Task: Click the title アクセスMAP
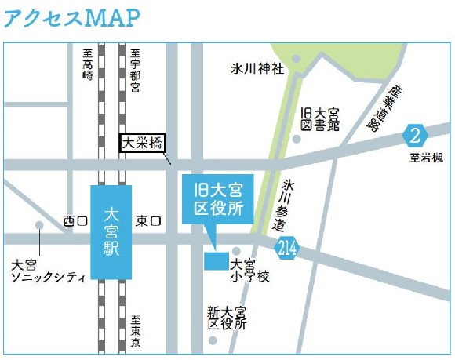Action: click(x=75, y=17)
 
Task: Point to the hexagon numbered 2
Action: click(x=416, y=135)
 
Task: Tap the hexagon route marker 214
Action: click(x=286, y=249)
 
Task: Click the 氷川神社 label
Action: click(x=257, y=67)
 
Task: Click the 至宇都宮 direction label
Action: click(x=134, y=69)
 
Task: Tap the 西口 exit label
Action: click(x=75, y=222)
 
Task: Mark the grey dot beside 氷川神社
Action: click(x=296, y=59)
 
